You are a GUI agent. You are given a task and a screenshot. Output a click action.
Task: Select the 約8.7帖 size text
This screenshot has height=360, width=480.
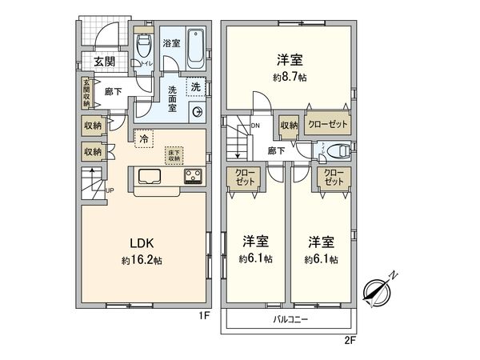pos(289,77)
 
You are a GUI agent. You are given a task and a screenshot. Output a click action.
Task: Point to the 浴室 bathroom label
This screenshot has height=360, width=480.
pos(170,42)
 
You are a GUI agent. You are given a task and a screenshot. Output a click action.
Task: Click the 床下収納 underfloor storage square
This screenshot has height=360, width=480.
pos(174,154)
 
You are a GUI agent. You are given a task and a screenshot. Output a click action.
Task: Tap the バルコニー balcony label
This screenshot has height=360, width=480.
pos(288,319)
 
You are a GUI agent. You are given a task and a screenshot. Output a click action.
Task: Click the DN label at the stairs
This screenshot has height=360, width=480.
pos(255,126)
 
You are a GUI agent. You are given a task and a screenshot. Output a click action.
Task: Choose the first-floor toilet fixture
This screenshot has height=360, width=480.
pos(143,43)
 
